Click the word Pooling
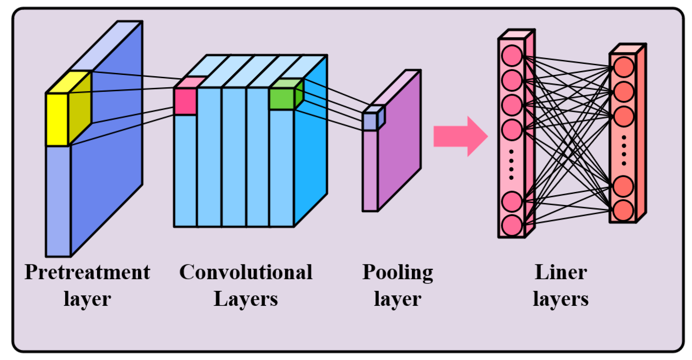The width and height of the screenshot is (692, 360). [x=397, y=272]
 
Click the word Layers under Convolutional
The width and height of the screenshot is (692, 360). [x=246, y=299]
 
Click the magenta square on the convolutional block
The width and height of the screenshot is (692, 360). [x=185, y=101]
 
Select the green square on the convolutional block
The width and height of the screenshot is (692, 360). [x=282, y=99]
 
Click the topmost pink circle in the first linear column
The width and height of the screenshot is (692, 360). [x=512, y=55]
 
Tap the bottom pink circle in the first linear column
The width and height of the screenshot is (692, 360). [x=512, y=225]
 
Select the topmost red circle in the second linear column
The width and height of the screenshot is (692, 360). [x=624, y=67]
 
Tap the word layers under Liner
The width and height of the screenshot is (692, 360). [x=561, y=299]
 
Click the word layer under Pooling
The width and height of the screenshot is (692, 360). [x=397, y=299]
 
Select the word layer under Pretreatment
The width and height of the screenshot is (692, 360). [x=87, y=299]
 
